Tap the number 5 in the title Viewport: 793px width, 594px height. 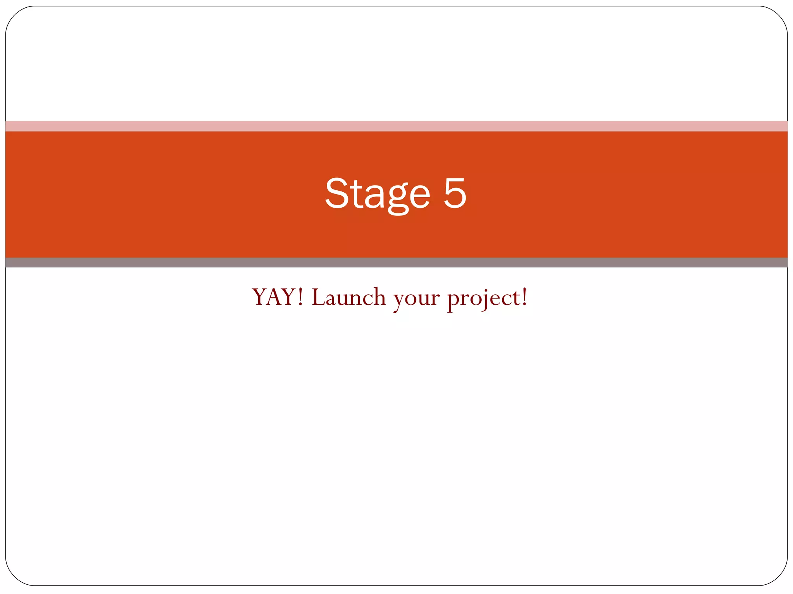(x=455, y=193)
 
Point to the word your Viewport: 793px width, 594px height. (x=416, y=299)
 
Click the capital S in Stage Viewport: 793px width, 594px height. (x=336, y=193)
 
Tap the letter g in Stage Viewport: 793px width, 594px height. (x=398, y=197)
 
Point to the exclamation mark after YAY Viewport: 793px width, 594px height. (x=301, y=297)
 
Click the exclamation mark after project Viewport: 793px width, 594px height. (x=524, y=297)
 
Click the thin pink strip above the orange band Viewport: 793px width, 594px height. (x=396, y=126)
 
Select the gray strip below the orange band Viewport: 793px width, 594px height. (x=396, y=263)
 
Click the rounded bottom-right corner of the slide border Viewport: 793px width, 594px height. (x=779, y=577)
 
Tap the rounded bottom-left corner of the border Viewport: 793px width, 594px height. (x=14, y=577)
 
